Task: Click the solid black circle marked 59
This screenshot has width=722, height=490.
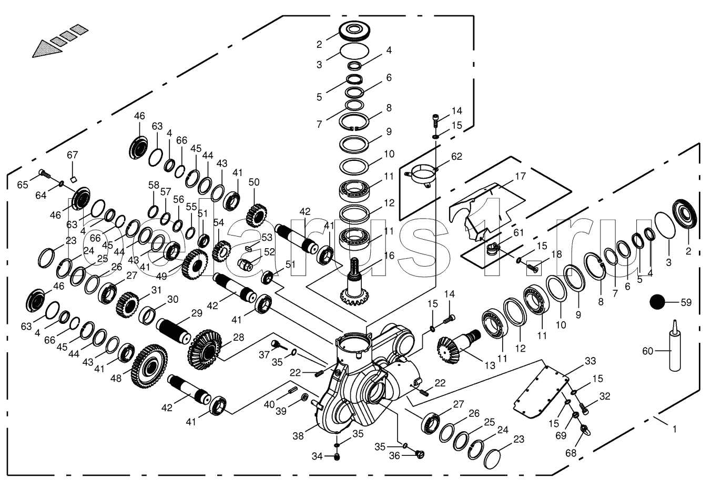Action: coord(657,302)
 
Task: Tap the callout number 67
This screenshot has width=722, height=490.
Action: coord(72,155)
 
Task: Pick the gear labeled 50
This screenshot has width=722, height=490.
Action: coord(256,215)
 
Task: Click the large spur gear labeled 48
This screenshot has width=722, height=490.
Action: coord(152,365)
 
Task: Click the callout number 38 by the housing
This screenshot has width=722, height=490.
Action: coord(298,435)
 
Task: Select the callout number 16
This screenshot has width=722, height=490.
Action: coord(389,256)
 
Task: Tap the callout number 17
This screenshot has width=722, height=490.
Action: coord(520,177)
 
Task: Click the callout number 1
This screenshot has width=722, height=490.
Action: coord(675,429)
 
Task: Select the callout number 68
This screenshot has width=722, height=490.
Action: coord(571,453)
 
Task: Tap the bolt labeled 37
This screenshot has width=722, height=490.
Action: coord(276,344)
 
